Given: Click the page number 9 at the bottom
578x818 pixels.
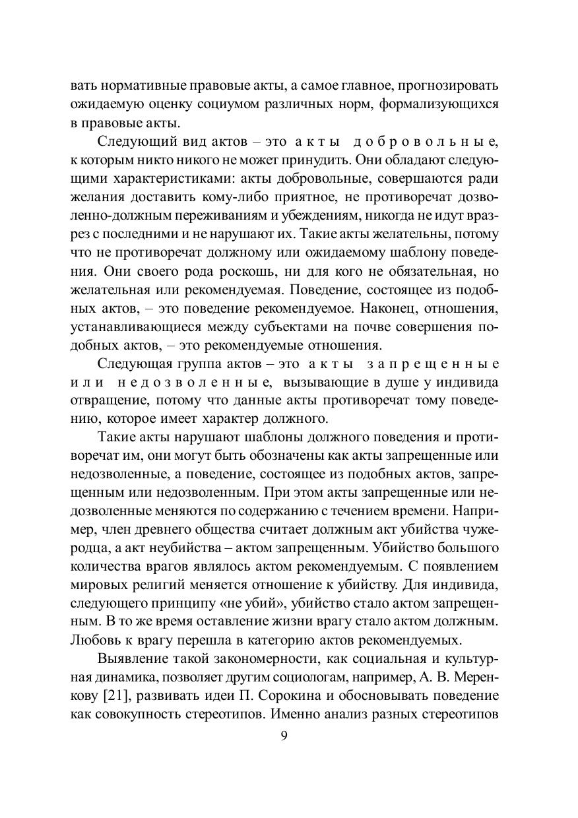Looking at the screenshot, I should [x=284, y=737].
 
